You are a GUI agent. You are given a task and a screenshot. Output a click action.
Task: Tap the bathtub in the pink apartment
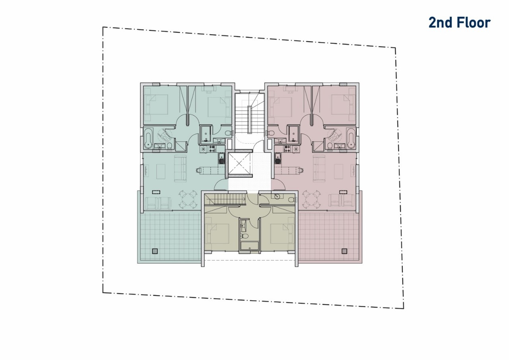(350, 138)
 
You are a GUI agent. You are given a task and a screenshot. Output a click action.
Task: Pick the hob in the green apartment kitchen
(212, 149)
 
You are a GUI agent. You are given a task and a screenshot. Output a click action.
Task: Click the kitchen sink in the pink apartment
(278, 159)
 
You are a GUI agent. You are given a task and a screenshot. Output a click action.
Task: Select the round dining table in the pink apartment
(311, 199)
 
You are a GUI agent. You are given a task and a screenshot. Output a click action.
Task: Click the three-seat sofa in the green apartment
(180, 168)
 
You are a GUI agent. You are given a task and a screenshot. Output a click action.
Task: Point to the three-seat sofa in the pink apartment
(319, 168)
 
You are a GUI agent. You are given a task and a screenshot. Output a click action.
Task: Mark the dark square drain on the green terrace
(155, 251)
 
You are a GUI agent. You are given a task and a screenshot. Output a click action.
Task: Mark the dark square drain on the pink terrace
(344, 251)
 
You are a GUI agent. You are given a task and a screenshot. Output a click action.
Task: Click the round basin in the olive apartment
(277, 197)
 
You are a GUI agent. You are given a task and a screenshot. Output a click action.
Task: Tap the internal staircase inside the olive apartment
(225, 199)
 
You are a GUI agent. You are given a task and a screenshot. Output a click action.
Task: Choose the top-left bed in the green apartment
(156, 105)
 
